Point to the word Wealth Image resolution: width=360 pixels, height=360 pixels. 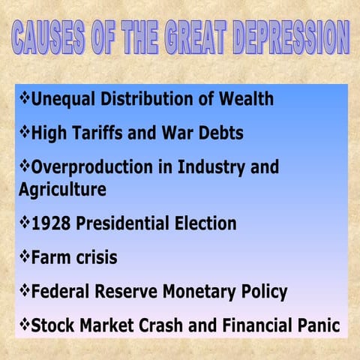pos(243,99)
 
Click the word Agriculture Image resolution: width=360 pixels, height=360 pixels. pos(62,189)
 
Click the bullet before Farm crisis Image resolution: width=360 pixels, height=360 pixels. pos(24,256)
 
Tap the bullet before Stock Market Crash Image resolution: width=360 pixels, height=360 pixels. pos(24,325)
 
